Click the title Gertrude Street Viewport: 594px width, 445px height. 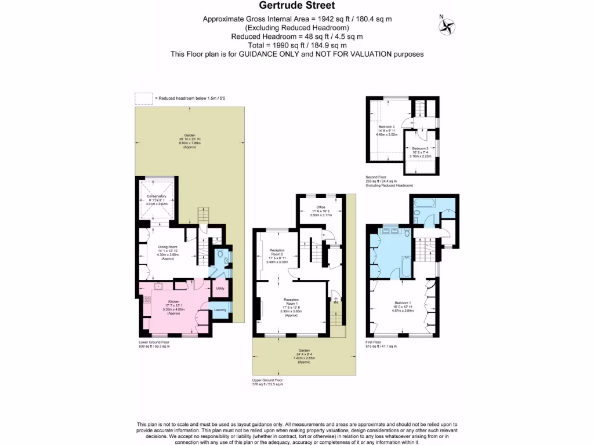296,6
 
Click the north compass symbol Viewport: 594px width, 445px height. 447,25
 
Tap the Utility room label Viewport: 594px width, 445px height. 220,288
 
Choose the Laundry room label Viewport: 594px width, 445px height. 220,310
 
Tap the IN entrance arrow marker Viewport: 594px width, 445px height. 335,301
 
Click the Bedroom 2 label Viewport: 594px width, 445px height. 386,127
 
